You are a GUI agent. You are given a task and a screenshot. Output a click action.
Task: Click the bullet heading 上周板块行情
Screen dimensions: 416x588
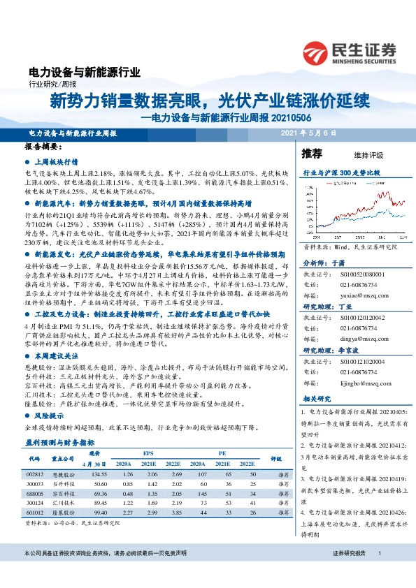[58, 160]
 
